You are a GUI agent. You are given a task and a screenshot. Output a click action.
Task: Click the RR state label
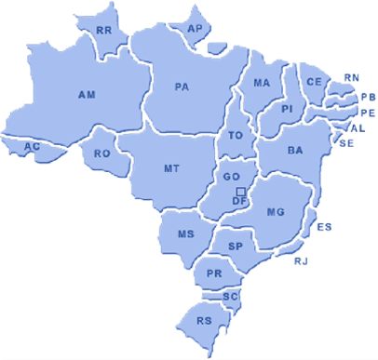[x=106, y=31]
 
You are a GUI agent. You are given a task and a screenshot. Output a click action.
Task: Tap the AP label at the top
[x=195, y=29]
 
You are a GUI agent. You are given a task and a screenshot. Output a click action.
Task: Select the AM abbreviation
[x=87, y=95]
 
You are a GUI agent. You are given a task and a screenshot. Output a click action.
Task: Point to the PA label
[x=182, y=87]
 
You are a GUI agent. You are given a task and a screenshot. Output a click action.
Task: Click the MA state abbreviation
[x=262, y=84]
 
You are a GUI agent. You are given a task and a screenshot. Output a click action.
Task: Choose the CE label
[x=314, y=82]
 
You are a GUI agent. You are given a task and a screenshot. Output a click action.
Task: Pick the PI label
[x=287, y=109]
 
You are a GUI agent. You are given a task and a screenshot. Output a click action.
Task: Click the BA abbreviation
[x=295, y=149]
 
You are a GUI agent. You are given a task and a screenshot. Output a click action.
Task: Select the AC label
[x=33, y=147]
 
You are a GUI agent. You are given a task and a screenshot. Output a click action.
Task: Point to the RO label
[x=102, y=153]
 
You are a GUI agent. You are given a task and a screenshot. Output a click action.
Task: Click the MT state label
[x=170, y=168]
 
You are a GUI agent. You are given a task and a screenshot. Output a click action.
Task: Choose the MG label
[x=275, y=213]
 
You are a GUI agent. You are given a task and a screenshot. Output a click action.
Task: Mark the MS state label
[x=185, y=233]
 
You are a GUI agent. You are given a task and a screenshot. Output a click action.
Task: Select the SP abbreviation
[x=236, y=246]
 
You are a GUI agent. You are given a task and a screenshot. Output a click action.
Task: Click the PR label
[x=214, y=273]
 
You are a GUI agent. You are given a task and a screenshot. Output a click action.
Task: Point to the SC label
[x=230, y=296]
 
